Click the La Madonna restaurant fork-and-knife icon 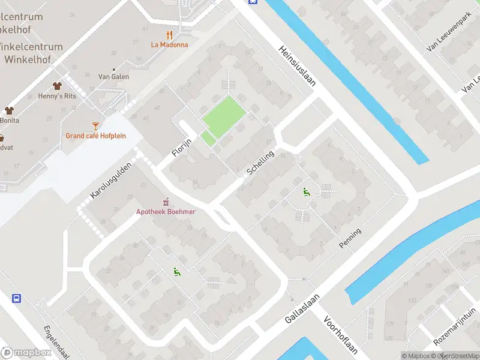(x=170, y=34)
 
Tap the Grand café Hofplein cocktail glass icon (x=95, y=125)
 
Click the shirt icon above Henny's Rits (x=58, y=86)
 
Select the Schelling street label (x=260, y=163)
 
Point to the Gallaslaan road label (x=302, y=310)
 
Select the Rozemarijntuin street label (x=458, y=326)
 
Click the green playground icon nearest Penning (x=307, y=192)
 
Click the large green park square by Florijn (x=224, y=115)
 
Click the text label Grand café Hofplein (x=96, y=136)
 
